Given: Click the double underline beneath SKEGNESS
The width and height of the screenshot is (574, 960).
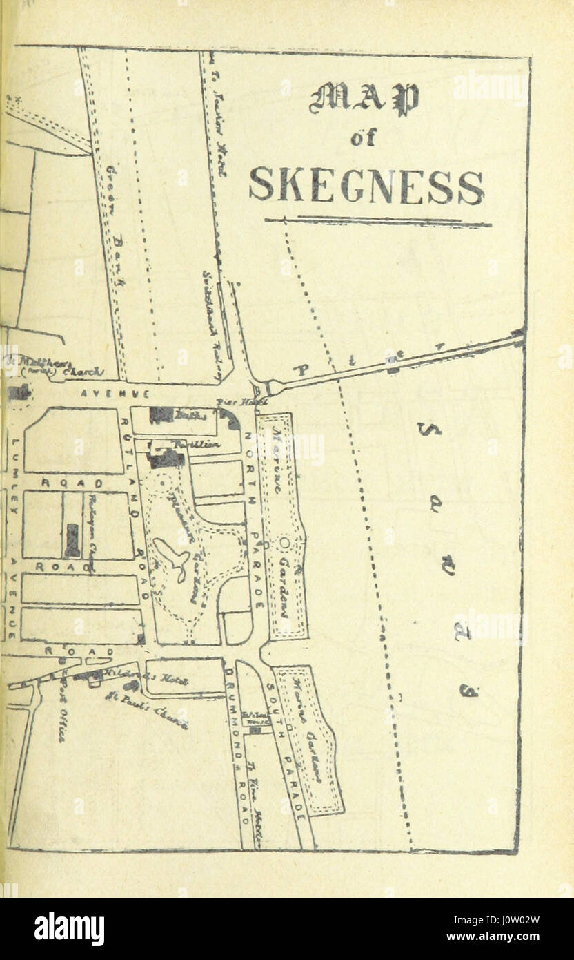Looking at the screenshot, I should pyautogui.click(x=377, y=222).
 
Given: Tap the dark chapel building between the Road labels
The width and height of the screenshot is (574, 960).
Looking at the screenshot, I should pyautogui.click(x=72, y=539).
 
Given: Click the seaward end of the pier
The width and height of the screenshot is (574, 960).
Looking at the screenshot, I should pyautogui.click(x=518, y=336).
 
